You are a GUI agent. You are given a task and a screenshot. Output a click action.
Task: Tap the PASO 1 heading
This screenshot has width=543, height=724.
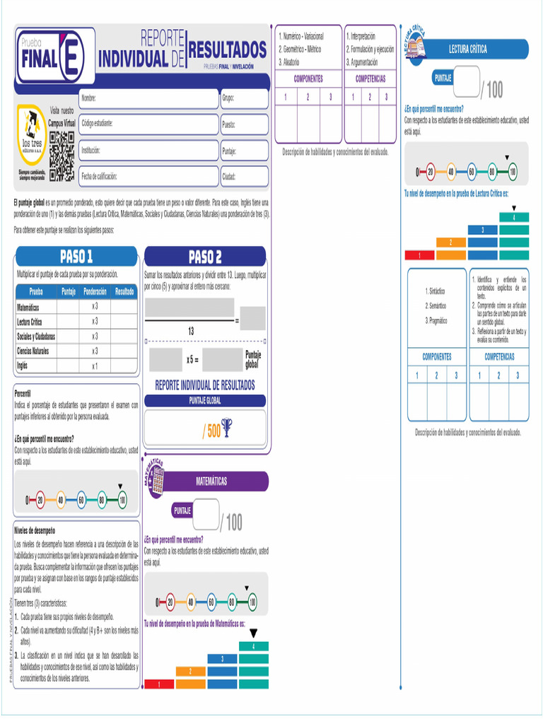(x=76, y=256)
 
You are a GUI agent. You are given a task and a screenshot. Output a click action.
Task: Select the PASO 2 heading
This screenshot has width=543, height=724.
(x=204, y=256)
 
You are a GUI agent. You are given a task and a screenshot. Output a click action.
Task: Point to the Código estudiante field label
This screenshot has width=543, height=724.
(x=97, y=124)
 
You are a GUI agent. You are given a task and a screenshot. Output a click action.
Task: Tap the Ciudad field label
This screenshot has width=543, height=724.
(x=229, y=177)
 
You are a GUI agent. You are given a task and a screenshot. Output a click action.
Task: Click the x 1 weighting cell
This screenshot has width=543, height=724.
(x=95, y=366)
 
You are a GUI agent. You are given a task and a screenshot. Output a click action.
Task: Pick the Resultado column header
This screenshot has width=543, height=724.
(x=124, y=291)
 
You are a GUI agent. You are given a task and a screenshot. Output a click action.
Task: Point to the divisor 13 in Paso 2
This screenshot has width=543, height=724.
(x=191, y=331)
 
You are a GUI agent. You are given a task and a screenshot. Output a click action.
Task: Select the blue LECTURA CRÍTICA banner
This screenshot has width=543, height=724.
(x=467, y=49)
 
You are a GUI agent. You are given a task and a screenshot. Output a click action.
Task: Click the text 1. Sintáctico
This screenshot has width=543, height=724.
(x=435, y=291)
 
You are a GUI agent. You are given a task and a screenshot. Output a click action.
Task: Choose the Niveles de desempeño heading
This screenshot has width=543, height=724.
(x=35, y=530)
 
